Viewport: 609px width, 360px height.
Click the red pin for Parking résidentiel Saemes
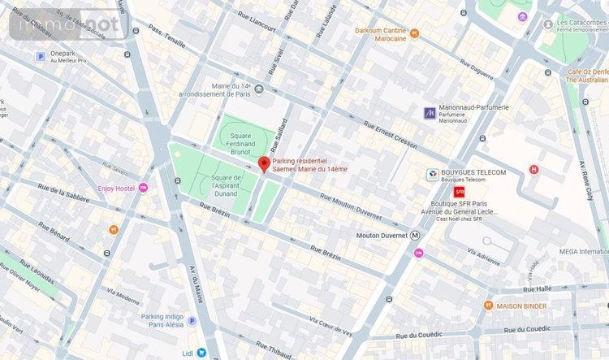(263, 164)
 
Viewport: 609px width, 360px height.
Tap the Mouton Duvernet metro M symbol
(415, 235)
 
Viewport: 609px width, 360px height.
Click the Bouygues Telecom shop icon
(433, 174)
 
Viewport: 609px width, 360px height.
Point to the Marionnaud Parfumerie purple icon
(430, 112)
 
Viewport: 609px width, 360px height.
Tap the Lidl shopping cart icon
(201, 353)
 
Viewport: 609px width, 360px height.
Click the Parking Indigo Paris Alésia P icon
(192, 321)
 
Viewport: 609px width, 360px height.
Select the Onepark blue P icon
(39, 56)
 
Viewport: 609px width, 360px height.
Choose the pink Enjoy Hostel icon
(144, 188)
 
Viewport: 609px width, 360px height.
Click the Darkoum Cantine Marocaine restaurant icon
(414, 33)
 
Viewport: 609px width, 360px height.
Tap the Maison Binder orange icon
(488, 306)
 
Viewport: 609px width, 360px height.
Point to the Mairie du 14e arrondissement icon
(259, 89)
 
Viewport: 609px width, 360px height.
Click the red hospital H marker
(533, 169)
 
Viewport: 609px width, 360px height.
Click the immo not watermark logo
(68, 24)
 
